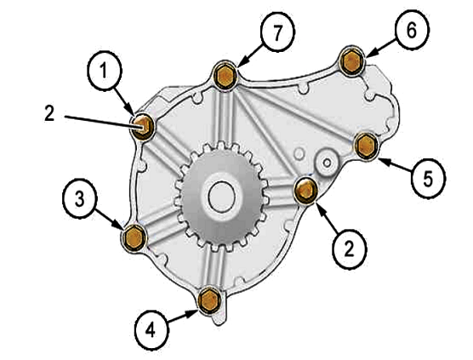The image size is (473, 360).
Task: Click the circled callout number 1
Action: pos(105,71)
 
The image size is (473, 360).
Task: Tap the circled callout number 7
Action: pos(277,32)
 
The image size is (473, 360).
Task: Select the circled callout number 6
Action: pos(412,30)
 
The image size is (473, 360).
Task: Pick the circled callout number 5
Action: pos(428,179)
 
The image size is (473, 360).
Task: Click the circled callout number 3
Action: pos(80,199)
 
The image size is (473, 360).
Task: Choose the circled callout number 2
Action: pos(350,249)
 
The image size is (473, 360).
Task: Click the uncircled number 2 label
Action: pos(49,113)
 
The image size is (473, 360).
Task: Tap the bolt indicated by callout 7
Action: pos(225,76)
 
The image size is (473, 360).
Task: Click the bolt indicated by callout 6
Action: pos(351,61)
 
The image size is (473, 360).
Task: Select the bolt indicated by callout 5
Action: pos(366,146)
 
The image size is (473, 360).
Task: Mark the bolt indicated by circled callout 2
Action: pos(305,191)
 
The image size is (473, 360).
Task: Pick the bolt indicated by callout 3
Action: pos(134,237)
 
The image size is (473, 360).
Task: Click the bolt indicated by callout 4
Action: pos(209,300)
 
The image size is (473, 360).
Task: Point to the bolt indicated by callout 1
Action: pos(143,127)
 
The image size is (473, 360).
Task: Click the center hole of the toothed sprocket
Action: pos(222,197)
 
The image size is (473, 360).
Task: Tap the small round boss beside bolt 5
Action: pos(327,163)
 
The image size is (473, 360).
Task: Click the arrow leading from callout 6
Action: pos(381,48)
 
